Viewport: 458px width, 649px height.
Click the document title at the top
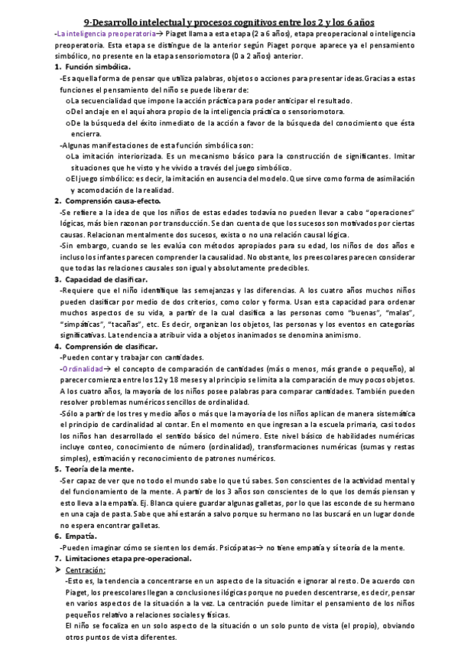229,23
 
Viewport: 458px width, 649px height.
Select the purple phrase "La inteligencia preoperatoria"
95,35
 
